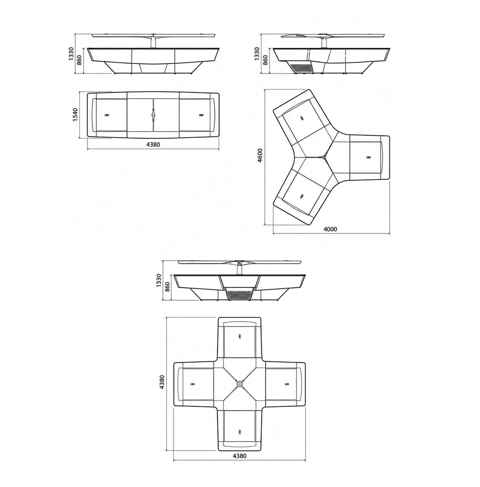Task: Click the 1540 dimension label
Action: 75,115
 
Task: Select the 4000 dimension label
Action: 330,229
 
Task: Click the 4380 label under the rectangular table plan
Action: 153,145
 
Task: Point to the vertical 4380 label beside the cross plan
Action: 162,382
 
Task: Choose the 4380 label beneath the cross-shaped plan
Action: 239,456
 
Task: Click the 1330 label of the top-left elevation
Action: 71,54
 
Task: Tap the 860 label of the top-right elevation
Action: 265,60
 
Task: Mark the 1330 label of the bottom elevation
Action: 159,281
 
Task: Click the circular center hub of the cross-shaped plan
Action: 239,384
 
